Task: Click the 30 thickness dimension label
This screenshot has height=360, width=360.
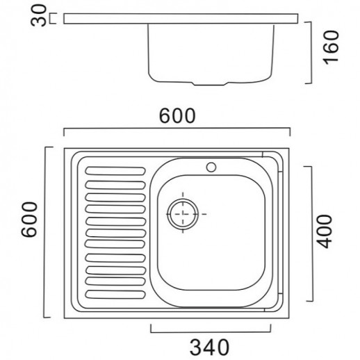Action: [39, 16]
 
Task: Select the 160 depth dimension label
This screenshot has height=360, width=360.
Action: [331, 47]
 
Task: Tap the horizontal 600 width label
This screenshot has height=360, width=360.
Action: [177, 115]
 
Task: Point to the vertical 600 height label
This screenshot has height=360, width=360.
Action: [29, 220]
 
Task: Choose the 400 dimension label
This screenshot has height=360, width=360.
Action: [325, 231]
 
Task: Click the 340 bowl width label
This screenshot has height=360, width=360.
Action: [210, 347]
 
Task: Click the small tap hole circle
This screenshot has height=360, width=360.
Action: [211, 167]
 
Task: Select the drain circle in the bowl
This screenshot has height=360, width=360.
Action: [183, 214]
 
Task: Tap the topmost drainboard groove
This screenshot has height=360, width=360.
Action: [115, 171]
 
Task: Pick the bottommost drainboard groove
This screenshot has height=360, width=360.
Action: [115, 294]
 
